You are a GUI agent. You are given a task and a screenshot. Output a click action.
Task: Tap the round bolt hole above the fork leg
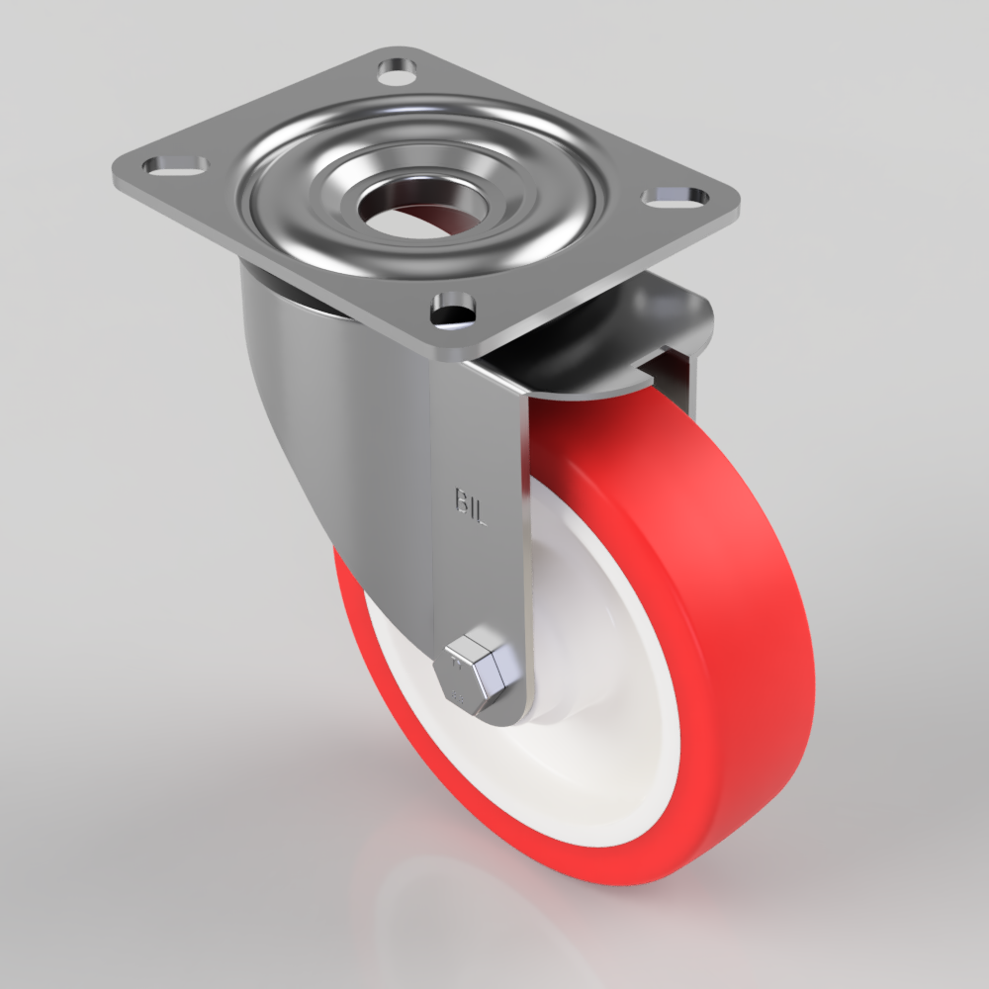[x=451, y=311]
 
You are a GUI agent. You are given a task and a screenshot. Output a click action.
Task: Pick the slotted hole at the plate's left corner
[x=175, y=163]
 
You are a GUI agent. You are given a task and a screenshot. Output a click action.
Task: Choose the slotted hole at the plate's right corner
[x=676, y=196]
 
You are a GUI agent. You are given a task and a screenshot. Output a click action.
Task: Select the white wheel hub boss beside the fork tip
[x=554, y=712]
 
